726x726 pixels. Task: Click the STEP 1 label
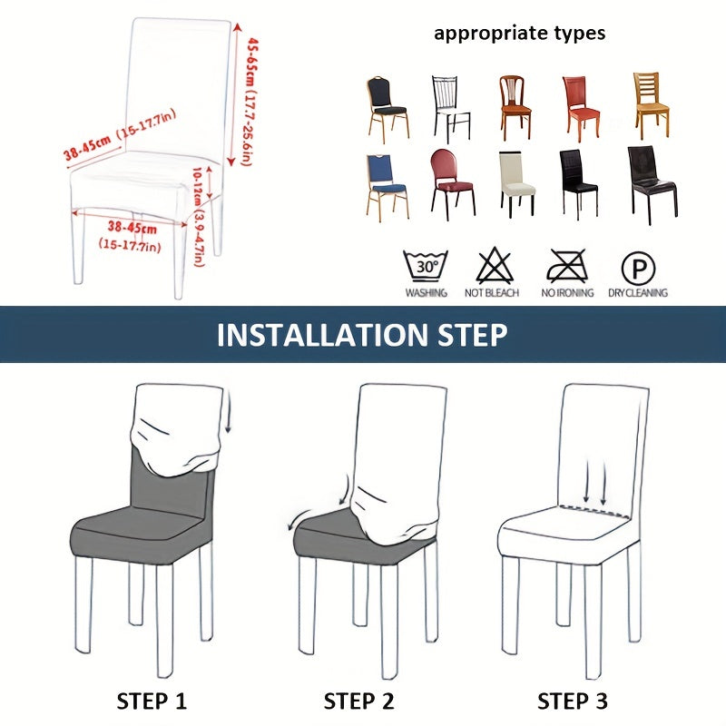click(x=153, y=701)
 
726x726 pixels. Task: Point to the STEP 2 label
click(x=361, y=701)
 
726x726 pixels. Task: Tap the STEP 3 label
click(x=572, y=701)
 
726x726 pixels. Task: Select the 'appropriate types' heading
click(x=519, y=34)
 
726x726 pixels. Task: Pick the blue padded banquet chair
click(x=387, y=183)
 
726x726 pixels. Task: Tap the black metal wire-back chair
click(x=450, y=106)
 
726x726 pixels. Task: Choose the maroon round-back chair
click(x=451, y=181)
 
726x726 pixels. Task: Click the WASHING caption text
click(x=426, y=293)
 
